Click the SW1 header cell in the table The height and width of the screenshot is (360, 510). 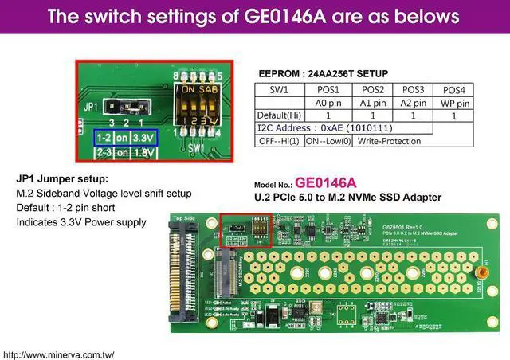pyautogui.click(x=278, y=89)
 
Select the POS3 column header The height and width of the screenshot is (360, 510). pyautogui.click(x=413, y=89)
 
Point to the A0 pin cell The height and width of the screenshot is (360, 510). pyautogui.click(x=328, y=103)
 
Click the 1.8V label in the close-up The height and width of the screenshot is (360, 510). pyautogui.click(x=143, y=151)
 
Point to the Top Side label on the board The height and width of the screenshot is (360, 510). pyautogui.click(x=184, y=217)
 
